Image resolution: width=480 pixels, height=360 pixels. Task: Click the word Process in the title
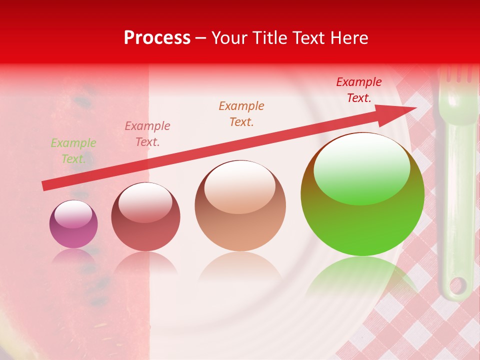coord(157,38)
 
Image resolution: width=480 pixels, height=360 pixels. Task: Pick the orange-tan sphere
coord(240,205)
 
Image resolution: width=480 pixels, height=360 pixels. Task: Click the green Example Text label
coord(73,151)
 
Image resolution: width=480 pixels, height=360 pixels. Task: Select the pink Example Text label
coord(147,134)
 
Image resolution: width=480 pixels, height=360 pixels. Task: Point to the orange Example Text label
coord(241,114)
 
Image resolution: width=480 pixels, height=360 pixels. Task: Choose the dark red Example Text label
coord(359,90)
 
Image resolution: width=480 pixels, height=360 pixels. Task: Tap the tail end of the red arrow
coord(46,186)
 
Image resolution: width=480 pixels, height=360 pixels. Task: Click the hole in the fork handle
coord(456,286)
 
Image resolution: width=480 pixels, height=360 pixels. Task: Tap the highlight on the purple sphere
coord(73,215)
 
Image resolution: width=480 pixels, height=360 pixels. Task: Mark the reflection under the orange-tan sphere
coord(240,267)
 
